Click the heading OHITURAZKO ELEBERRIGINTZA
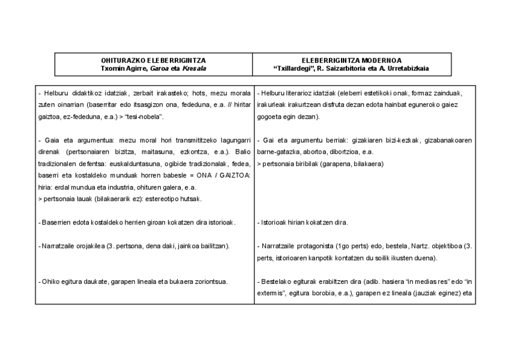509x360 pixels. pyautogui.click(x=153, y=60)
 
